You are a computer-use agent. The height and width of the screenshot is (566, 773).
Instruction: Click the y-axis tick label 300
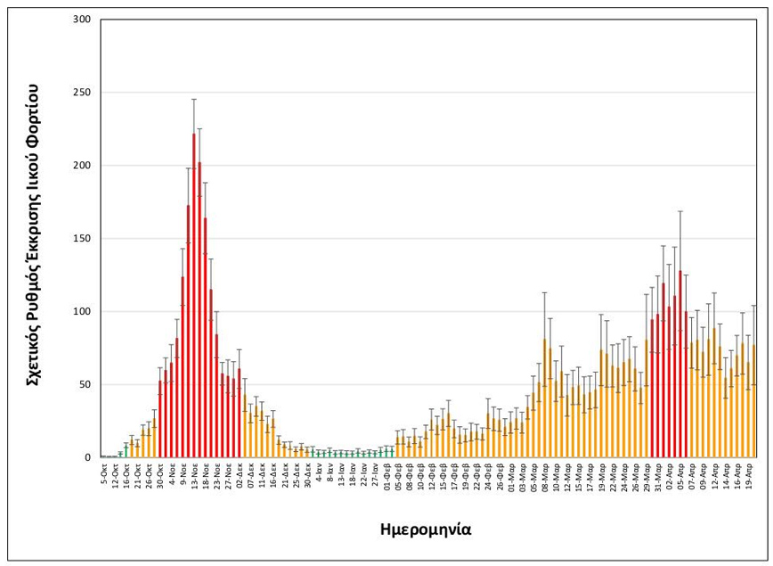82,20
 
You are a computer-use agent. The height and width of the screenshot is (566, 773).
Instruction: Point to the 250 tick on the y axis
82,93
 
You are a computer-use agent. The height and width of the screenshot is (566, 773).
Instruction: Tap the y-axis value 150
82,239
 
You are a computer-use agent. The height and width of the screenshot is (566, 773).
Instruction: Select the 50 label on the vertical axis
85,385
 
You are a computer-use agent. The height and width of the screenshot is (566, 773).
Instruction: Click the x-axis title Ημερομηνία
424,529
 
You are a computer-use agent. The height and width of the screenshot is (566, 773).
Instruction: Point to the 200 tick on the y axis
82,166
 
